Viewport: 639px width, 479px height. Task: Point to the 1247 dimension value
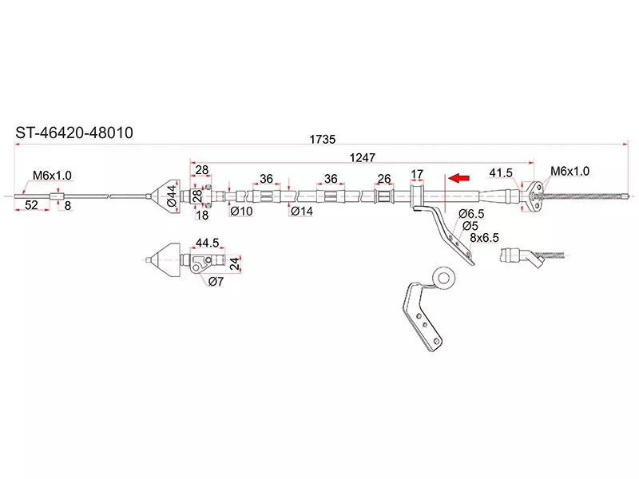[x=361, y=157]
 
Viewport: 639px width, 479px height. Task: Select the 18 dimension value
[x=201, y=215]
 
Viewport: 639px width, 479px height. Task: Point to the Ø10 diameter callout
[x=240, y=212]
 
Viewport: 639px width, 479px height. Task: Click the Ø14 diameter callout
[x=301, y=212]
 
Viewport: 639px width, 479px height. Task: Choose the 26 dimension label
[x=383, y=179]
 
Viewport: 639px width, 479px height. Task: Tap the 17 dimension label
[x=416, y=173]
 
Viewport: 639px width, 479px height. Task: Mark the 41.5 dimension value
[x=501, y=173]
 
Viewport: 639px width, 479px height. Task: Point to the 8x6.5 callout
[x=484, y=237]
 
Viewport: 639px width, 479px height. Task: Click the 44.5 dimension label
[x=207, y=242]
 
